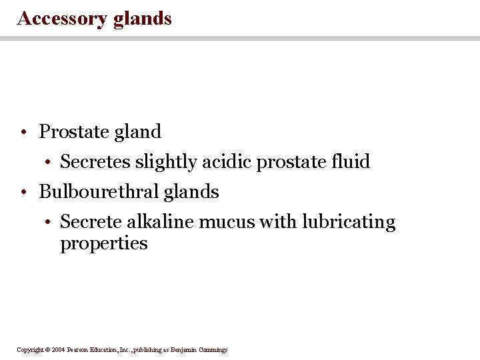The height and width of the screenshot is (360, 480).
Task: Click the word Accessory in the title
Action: point(62,18)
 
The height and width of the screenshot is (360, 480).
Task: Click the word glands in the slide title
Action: point(142,18)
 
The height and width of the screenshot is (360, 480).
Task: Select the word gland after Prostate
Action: point(138,132)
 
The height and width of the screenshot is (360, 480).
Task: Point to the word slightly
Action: point(162,162)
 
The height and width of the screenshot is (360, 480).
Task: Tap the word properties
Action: point(103,243)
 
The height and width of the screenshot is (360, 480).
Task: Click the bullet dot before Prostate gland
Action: point(23,133)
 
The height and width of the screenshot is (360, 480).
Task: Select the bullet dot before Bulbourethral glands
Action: point(23,193)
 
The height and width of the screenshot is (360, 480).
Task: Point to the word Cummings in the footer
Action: point(212,350)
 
